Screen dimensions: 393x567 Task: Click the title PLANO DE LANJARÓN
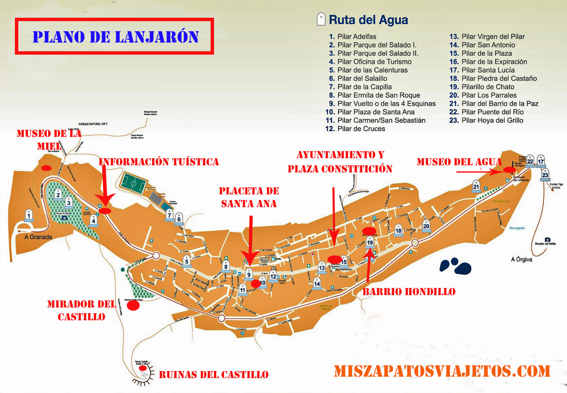coord(115,37)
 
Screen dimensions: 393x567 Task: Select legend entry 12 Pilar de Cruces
coord(355,129)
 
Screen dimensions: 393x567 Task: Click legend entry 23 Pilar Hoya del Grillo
coord(486,120)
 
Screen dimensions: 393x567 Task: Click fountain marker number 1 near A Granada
coord(29,215)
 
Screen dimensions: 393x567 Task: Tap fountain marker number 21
coord(476,187)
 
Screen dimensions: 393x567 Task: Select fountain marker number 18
coord(398,230)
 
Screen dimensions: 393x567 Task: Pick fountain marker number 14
coord(317,283)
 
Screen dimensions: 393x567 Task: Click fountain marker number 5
coord(187,261)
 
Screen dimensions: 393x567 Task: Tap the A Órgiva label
coord(521,259)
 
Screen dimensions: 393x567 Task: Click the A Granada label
coord(38,237)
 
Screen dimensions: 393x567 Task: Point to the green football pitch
coord(133,183)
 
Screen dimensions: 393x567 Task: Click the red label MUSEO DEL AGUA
coord(459,162)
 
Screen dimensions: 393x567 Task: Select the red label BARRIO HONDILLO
coord(409,292)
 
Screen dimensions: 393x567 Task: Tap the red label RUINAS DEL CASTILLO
coord(214,375)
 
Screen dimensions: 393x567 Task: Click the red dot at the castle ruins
coord(143,369)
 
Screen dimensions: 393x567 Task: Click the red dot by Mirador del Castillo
coord(133,305)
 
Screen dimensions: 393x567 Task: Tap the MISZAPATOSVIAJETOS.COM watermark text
coord(442,371)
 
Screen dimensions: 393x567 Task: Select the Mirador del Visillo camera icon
coord(547,239)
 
